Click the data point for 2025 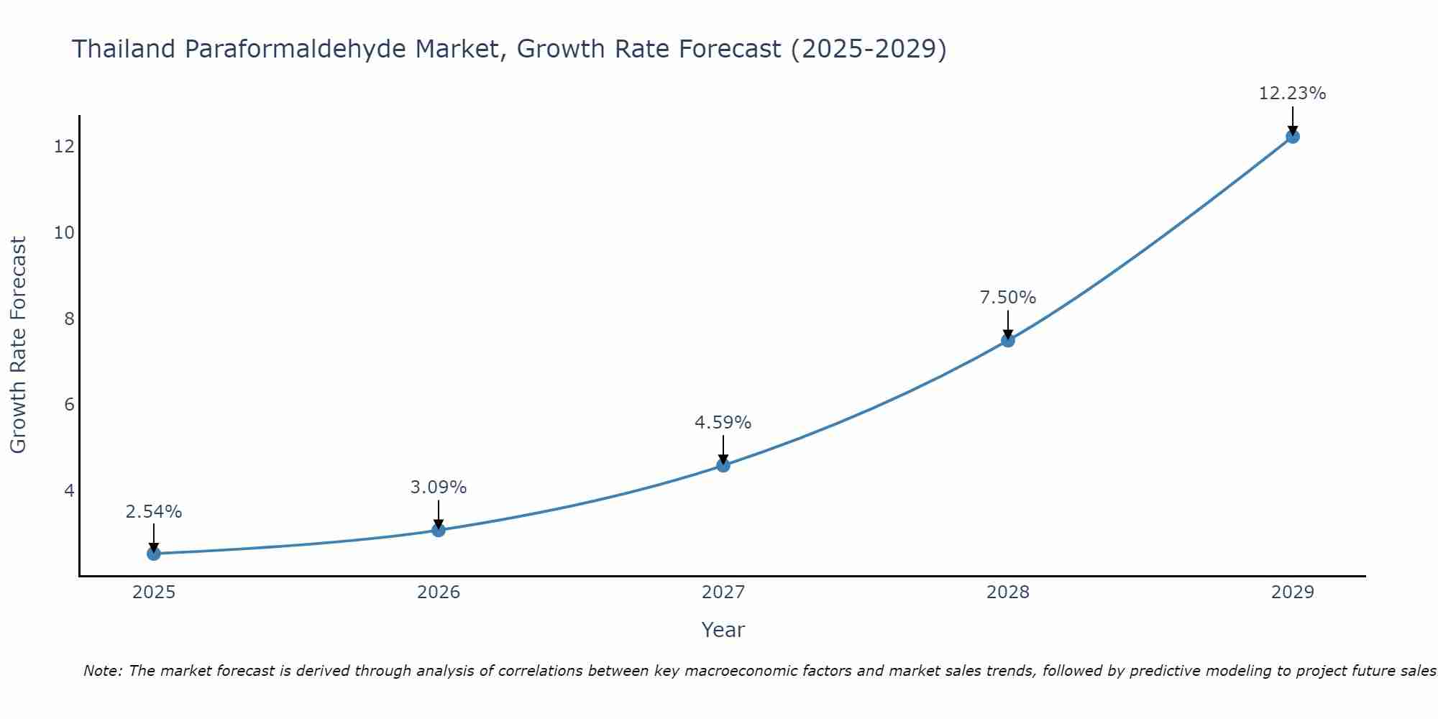154,554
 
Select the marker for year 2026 439,530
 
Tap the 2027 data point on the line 723,465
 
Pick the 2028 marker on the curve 1008,340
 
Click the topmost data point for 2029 1293,137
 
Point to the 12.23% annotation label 1292,93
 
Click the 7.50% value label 1007,298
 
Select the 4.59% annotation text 723,423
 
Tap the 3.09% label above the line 438,487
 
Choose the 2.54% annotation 153,512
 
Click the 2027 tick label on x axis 723,592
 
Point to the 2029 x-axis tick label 1293,592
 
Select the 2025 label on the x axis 154,592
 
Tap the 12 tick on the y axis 64,147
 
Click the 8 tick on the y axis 69,319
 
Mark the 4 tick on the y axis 69,490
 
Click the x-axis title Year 723,630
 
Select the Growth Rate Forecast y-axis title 18,344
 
